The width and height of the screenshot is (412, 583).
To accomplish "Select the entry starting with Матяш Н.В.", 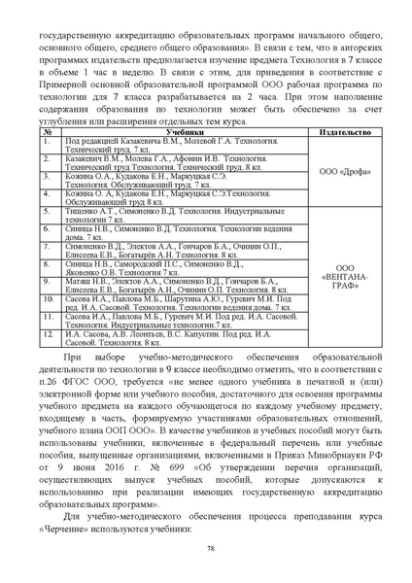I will pos(175,285).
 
